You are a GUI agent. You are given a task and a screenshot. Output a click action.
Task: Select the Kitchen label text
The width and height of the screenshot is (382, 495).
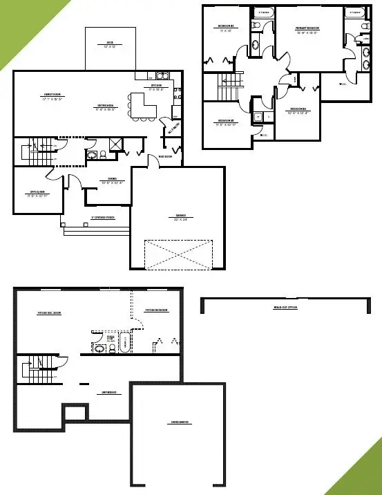[x=157, y=87]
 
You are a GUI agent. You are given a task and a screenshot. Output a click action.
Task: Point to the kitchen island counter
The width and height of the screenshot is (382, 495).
[x=141, y=105]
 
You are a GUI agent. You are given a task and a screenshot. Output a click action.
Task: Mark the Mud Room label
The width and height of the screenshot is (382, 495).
[x=165, y=156]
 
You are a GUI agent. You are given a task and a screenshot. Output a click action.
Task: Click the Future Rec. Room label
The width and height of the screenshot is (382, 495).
[x=49, y=312]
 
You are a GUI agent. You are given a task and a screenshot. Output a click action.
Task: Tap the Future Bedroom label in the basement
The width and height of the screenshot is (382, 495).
[x=157, y=310]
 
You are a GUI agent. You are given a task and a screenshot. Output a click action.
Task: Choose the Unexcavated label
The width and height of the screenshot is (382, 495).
[x=180, y=421]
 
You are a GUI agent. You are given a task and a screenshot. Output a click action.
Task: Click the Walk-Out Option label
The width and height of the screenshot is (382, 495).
[x=285, y=308]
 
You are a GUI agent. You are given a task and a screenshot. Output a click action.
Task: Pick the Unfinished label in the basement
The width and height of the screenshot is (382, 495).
[x=108, y=393]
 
